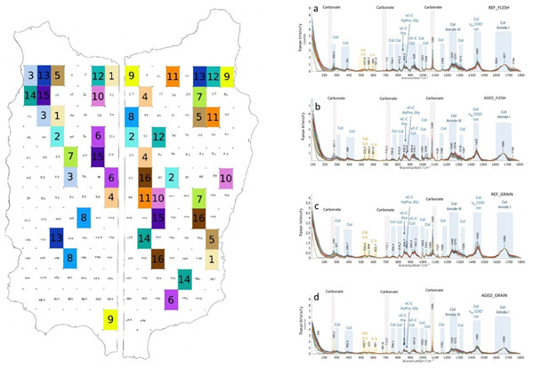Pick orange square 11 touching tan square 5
click(x=213, y=116)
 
